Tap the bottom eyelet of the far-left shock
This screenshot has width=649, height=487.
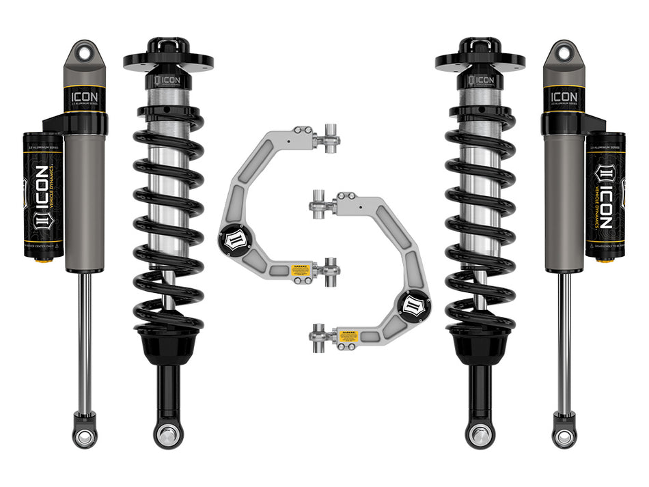coord(85,437)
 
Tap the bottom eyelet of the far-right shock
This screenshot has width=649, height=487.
coord(564,437)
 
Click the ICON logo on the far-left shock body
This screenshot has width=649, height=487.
coord(85,96)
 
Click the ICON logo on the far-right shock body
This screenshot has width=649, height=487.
coord(564,96)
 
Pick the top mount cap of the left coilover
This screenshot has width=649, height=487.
coord(168,55)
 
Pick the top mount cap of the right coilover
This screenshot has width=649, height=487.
coord(480,55)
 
